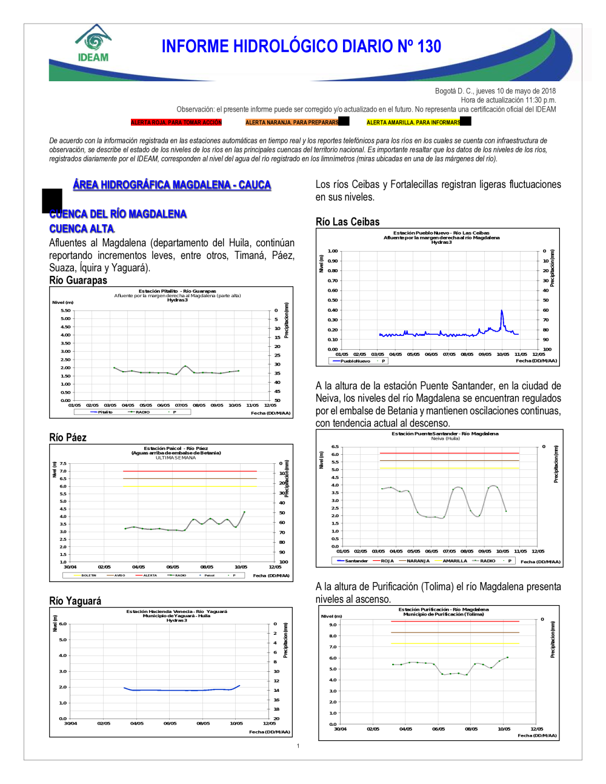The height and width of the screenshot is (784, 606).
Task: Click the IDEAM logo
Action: click(93, 44)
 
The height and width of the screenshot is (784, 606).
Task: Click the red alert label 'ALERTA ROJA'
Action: click(176, 122)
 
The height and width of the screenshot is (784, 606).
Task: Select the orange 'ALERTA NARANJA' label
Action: click(292, 122)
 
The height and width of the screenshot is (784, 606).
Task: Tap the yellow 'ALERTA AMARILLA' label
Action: click(413, 122)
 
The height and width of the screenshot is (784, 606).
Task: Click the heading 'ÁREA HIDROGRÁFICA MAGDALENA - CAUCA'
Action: click(172, 185)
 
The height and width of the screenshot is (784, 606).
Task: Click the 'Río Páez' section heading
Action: click(68, 437)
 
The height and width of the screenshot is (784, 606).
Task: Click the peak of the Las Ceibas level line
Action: click(502, 311)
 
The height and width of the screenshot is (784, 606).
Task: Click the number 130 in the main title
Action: click(429, 47)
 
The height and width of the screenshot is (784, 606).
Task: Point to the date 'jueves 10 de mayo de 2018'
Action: click(516, 91)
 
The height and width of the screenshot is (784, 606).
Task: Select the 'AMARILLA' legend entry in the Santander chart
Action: click(454, 561)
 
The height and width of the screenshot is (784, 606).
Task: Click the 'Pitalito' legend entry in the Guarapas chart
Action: click(105, 412)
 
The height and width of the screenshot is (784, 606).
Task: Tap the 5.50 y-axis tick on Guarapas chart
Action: click(65, 310)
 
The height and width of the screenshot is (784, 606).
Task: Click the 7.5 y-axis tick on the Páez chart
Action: click(63, 463)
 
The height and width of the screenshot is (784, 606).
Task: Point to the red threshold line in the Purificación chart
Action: click(454, 622)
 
